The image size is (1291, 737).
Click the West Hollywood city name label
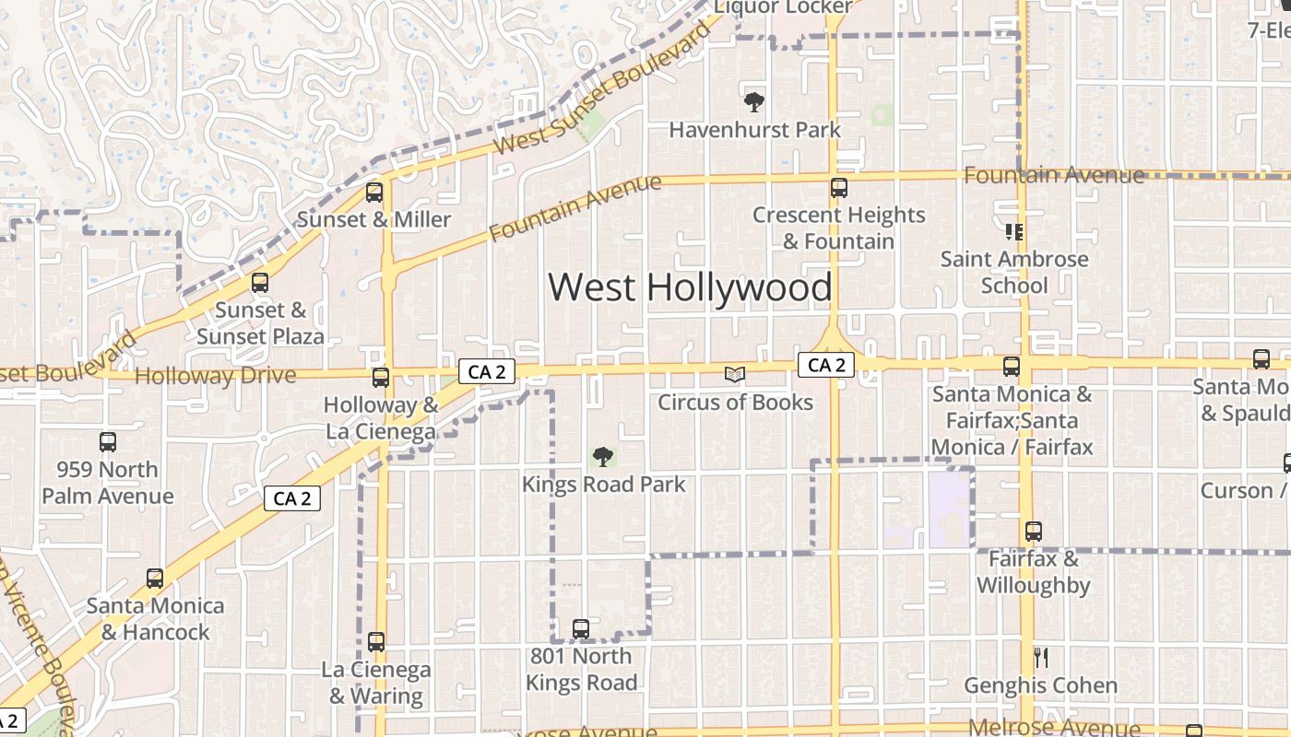point(690,287)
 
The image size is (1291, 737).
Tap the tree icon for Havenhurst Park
point(754,101)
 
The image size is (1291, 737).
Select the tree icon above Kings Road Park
point(603,456)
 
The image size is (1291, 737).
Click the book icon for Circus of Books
point(734,374)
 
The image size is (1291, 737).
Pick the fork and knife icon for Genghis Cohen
point(1041,658)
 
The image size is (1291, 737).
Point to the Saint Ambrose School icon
point(1014,231)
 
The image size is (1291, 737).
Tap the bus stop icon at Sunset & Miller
point(374,193)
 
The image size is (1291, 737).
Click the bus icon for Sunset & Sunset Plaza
point(260,283)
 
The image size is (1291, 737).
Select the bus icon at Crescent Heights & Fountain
point(838,188)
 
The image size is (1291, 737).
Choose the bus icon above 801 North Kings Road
point(581,629)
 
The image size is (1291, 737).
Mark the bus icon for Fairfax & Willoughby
point(1034,532)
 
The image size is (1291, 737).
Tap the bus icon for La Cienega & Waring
point(376,642)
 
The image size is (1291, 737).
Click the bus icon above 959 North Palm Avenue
point(108,442)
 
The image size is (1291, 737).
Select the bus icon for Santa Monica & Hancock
point(155,579)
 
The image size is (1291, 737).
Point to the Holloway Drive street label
point(215,376)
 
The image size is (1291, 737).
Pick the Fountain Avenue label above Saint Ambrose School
point(1054,175)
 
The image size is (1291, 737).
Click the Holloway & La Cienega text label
point(380,418)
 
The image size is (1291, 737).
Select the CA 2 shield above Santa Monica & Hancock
point(292,499)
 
